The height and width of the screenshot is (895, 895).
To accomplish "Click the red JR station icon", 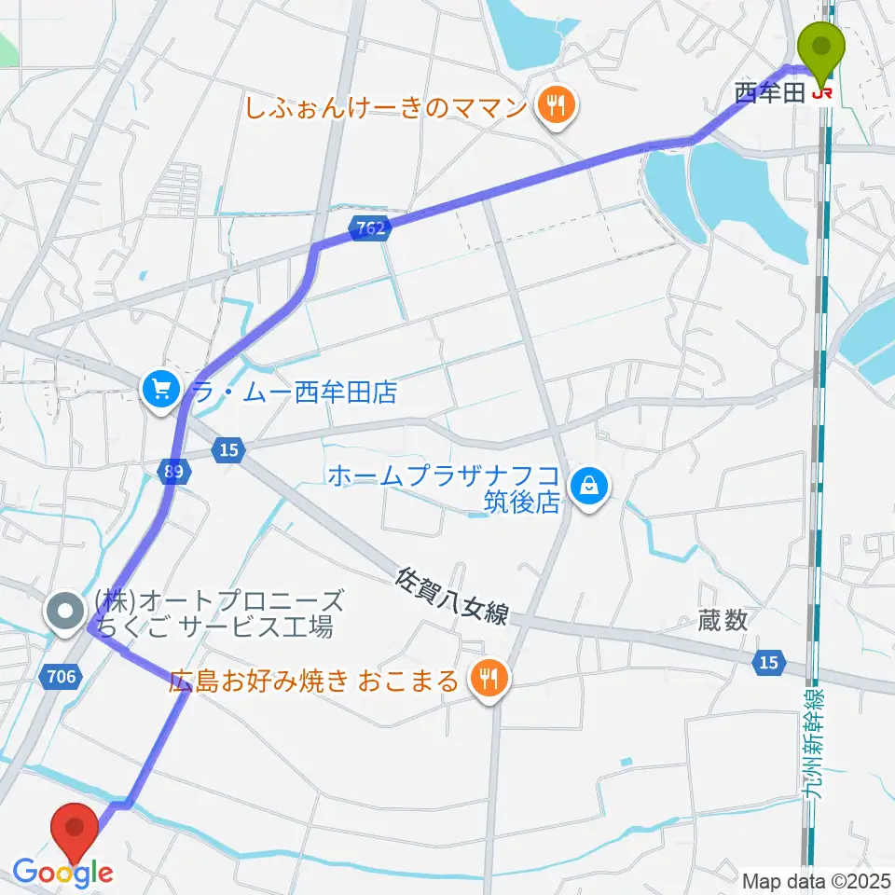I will (x=821, y=92).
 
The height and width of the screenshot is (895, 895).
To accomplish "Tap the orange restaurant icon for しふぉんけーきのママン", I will (x=557, y=104).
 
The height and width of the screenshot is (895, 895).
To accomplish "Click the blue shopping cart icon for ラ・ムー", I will (x=161, y=390).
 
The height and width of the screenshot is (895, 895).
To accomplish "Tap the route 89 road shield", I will (x=173, y=472).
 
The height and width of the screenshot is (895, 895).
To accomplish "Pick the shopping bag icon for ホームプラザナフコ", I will (x=589, y=486).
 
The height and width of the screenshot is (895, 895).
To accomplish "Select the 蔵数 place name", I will (x=723, y=621).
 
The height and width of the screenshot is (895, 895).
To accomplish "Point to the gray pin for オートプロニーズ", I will (x=65, y=614).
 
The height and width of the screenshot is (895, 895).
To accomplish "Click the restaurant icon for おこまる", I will (x=489, y=681).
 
